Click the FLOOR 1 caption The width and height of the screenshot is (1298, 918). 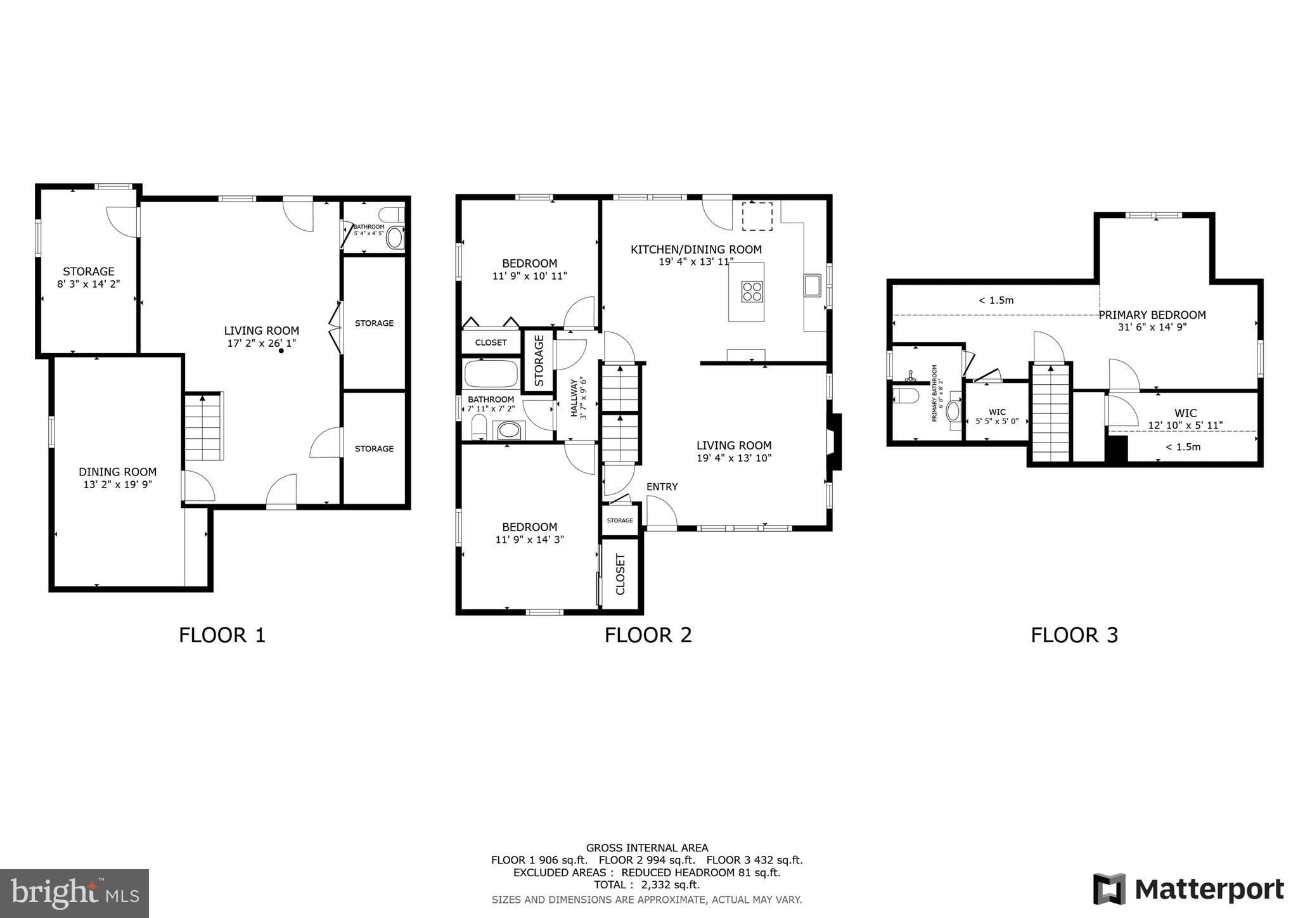222,635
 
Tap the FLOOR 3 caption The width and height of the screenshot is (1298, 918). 1074,635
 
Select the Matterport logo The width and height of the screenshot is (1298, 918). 1188,889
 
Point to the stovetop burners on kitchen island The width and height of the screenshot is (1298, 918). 752,292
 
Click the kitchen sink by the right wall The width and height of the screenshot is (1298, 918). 813,285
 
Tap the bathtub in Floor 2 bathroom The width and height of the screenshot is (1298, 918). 491,374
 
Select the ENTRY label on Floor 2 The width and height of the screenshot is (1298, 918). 662,486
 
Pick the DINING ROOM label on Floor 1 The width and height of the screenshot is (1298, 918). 117,472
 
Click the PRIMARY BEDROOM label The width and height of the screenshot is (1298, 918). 1152,315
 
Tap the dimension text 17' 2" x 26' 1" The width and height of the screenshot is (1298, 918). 261,343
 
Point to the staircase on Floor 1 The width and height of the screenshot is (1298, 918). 203,427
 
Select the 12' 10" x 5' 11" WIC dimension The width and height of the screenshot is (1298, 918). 1185,425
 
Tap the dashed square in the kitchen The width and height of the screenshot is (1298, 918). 757,217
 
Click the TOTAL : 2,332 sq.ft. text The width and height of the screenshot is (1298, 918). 646,884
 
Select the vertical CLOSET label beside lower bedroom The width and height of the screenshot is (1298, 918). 620,574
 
